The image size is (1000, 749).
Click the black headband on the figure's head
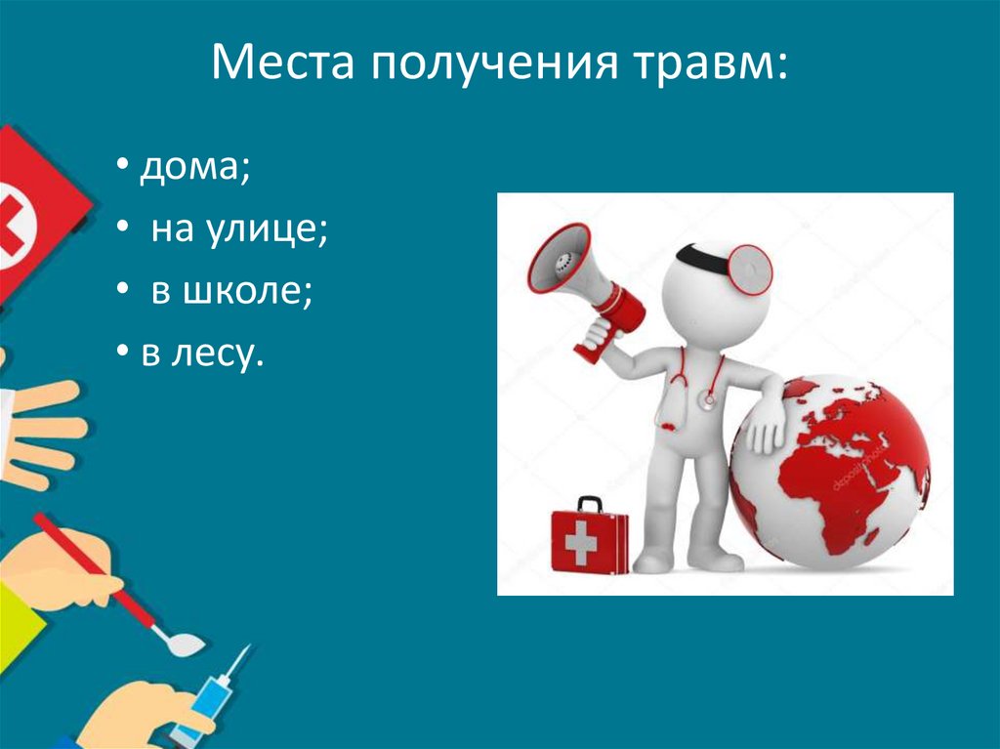[701, 254]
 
